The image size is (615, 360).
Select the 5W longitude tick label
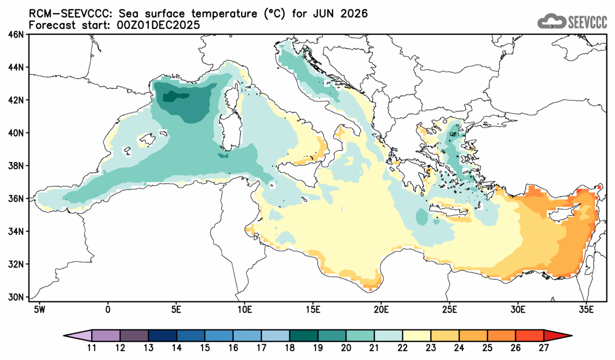[39, 308]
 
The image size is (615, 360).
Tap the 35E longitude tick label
[585, 308]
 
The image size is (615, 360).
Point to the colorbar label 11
[92, 349]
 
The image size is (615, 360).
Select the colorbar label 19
[318, 349]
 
